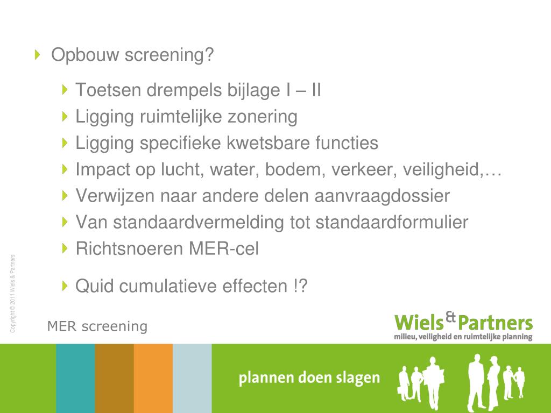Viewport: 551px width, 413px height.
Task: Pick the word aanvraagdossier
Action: tap(380, 196)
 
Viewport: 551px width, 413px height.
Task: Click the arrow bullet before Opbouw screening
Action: tap(37, 54)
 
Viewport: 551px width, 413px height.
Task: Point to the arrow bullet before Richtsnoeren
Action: tap(65, 248)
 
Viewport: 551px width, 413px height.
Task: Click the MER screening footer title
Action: tap(97, 326)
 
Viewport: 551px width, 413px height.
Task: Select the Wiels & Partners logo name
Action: tap(463, 323)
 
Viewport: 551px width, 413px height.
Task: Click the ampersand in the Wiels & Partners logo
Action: tap(451, 318)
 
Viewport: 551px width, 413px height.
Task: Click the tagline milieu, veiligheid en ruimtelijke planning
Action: tap(463, 337)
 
